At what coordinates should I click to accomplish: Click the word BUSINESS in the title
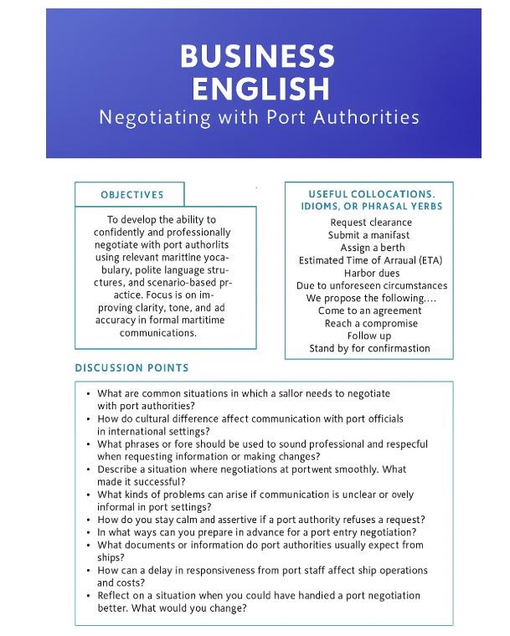[x=257, y=56]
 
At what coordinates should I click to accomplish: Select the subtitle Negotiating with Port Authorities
[x=259, y=116]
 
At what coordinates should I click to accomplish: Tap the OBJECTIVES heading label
[x=132, y=195]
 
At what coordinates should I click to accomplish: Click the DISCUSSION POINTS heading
[x=131, y=367]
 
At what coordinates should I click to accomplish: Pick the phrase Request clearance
[x=371, y=223]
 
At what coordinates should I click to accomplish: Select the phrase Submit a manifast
[x=371, y=235]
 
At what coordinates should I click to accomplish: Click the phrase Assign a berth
[x=371, y=248]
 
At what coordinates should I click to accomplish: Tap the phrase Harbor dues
[x=371, y=273]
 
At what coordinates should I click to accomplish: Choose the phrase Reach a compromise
[x=371, y=323]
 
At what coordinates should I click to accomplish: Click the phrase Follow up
[x=371, y=336]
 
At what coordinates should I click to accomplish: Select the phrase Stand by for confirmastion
[x=371, y=348]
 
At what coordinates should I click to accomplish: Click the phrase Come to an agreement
[x=371, y=310]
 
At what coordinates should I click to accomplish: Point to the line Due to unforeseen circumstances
[x=371, y=285]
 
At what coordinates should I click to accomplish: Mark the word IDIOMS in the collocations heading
[x=322, y=206]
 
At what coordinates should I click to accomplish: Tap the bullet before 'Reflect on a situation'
[x=89, y=596]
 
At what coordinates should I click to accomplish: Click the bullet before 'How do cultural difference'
[x=89, y=418]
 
